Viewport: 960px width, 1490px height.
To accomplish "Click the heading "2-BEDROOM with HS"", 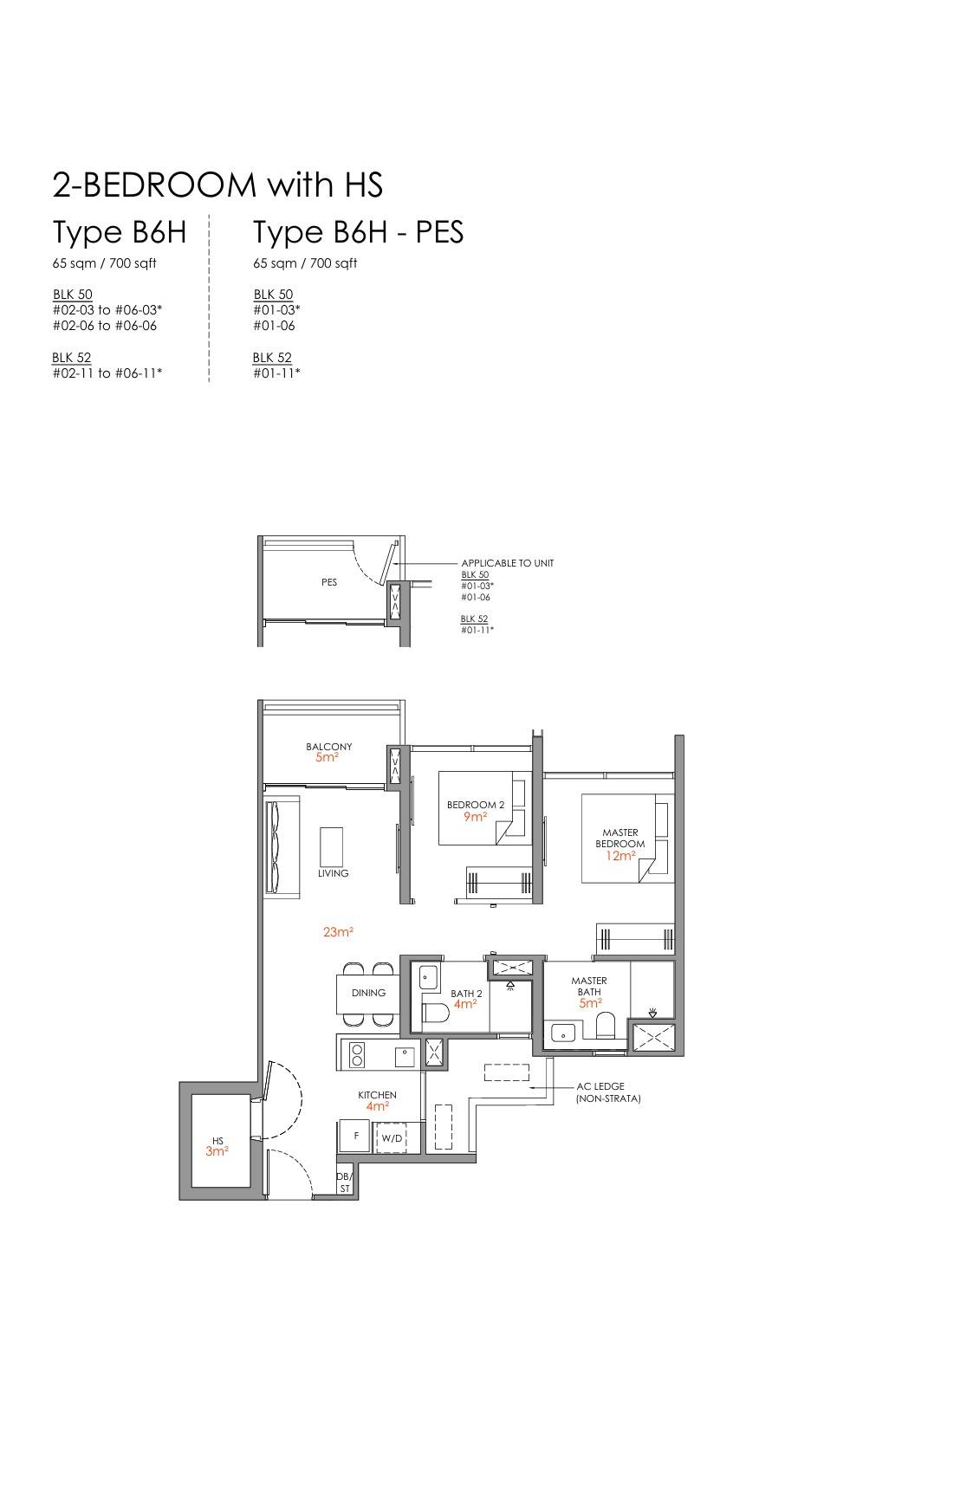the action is click(217, 185).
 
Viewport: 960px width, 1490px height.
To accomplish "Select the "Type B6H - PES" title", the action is click(358, 232).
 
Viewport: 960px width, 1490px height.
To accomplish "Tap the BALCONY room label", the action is click(328, 747).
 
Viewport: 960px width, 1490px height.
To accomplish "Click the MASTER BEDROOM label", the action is click(620, 838).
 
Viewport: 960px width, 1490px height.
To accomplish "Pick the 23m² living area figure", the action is click(338, 932).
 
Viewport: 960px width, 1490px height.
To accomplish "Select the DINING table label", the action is click(368, 993).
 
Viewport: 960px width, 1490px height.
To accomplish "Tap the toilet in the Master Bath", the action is click(606, 1025).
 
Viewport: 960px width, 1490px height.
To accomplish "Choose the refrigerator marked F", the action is click(354, 1136).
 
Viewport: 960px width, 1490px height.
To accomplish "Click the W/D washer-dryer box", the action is click(392, 1137).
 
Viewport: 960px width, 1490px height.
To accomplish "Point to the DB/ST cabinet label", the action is click(345, 1182).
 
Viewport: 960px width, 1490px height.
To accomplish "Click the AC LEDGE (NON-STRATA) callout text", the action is click(607, 1092).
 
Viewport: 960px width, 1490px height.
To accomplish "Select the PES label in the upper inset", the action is click(329, 582).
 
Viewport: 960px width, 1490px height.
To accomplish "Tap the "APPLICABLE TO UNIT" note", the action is click(508, 563).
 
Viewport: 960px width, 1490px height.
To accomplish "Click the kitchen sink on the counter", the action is click(403, 1055).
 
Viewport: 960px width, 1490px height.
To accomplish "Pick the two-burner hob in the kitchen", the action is click(356, 1054).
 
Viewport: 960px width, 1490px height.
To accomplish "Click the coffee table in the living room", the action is click(331, 846).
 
